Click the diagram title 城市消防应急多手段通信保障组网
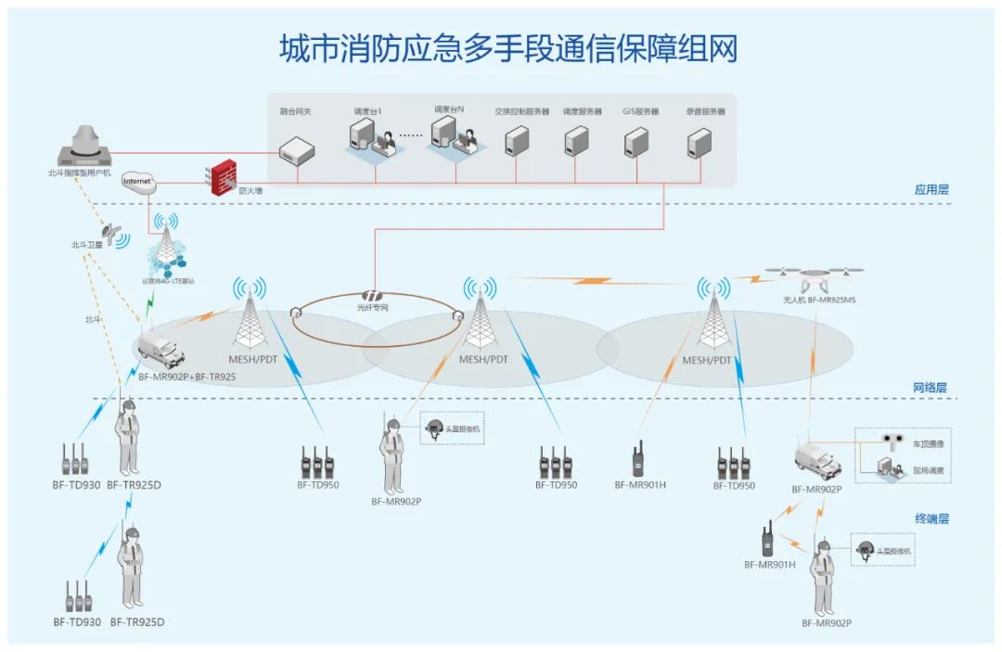(508, 48)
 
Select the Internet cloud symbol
(137, 181)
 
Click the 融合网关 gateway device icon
(298, 147)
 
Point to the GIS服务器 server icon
(636, 142)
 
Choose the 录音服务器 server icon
(699, 142)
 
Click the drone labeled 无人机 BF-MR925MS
(813, 277)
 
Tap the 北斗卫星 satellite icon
(115, 230)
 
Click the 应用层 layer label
(931, 189)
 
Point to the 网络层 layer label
(931, 388)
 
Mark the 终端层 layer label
(931, 518)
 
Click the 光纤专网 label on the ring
(373, 307)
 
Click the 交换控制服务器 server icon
(517, 142)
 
